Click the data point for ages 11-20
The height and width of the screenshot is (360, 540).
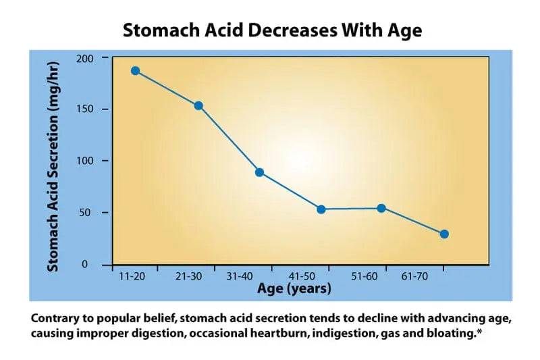click(x=135, y=70)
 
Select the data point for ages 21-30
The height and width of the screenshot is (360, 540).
click(x=198, y=105)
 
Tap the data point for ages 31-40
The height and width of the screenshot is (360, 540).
click(x=259, y=172)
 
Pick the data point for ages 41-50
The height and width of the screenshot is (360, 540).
click(x=321, y=209)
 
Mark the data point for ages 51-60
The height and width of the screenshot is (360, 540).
click(x=381, y=208)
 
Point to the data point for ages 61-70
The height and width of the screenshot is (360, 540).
click(x=444, y=234)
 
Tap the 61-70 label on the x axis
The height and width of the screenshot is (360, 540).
click(x=414, y=277)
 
